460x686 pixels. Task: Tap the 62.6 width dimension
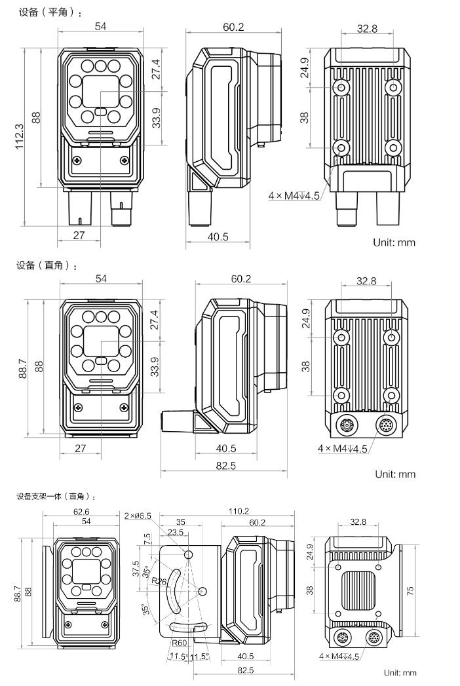[82, 512]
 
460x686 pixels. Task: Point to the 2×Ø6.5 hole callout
[138, 516]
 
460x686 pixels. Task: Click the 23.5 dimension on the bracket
[176, 533]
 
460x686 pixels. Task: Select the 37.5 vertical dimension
[136, 567]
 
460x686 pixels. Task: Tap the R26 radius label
[159, 581]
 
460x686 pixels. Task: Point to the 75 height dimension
[410, 590]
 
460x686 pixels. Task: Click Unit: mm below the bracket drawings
[400, 672]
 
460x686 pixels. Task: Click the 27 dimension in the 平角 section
[79, 236]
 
